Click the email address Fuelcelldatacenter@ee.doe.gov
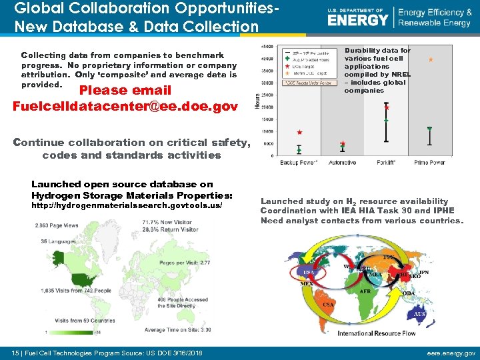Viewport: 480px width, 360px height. point(125,106)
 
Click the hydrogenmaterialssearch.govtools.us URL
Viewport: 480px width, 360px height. point(127,206)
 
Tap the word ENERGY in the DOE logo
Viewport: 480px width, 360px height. point(358,20)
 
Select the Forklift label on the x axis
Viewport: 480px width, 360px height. point(386,162)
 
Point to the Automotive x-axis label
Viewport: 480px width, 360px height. point(342,162)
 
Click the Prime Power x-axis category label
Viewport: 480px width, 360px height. point(429,162)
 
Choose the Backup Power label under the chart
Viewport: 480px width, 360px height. point(299,162)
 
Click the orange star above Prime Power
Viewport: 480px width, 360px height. point(431,60)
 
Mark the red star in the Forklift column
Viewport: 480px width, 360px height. point(387,107)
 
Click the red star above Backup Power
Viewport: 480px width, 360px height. point(299,133)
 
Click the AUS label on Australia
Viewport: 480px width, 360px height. point(419,314)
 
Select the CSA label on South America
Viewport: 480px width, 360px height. point(328,305)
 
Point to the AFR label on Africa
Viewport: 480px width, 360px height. point(365,291)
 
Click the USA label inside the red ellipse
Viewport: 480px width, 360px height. point(309,273)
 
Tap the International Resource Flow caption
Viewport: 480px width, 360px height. point(377,333)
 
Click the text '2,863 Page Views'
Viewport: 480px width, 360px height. point(57,226)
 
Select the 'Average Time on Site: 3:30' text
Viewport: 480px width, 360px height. point(178,329)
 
